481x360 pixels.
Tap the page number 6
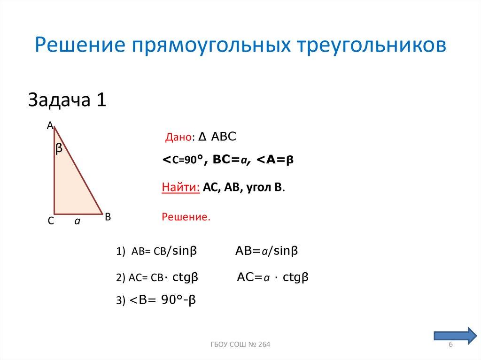click(x=450, y=346)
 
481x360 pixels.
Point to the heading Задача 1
click(x=68, y=100)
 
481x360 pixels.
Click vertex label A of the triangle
click(x=49, y=125)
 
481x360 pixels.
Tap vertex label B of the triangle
click(x=108, y=217)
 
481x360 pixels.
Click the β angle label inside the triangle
click(x=59, y=149)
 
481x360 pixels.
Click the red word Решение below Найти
click(x=186, y=217)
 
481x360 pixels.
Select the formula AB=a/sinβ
click(x=267, y=251)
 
